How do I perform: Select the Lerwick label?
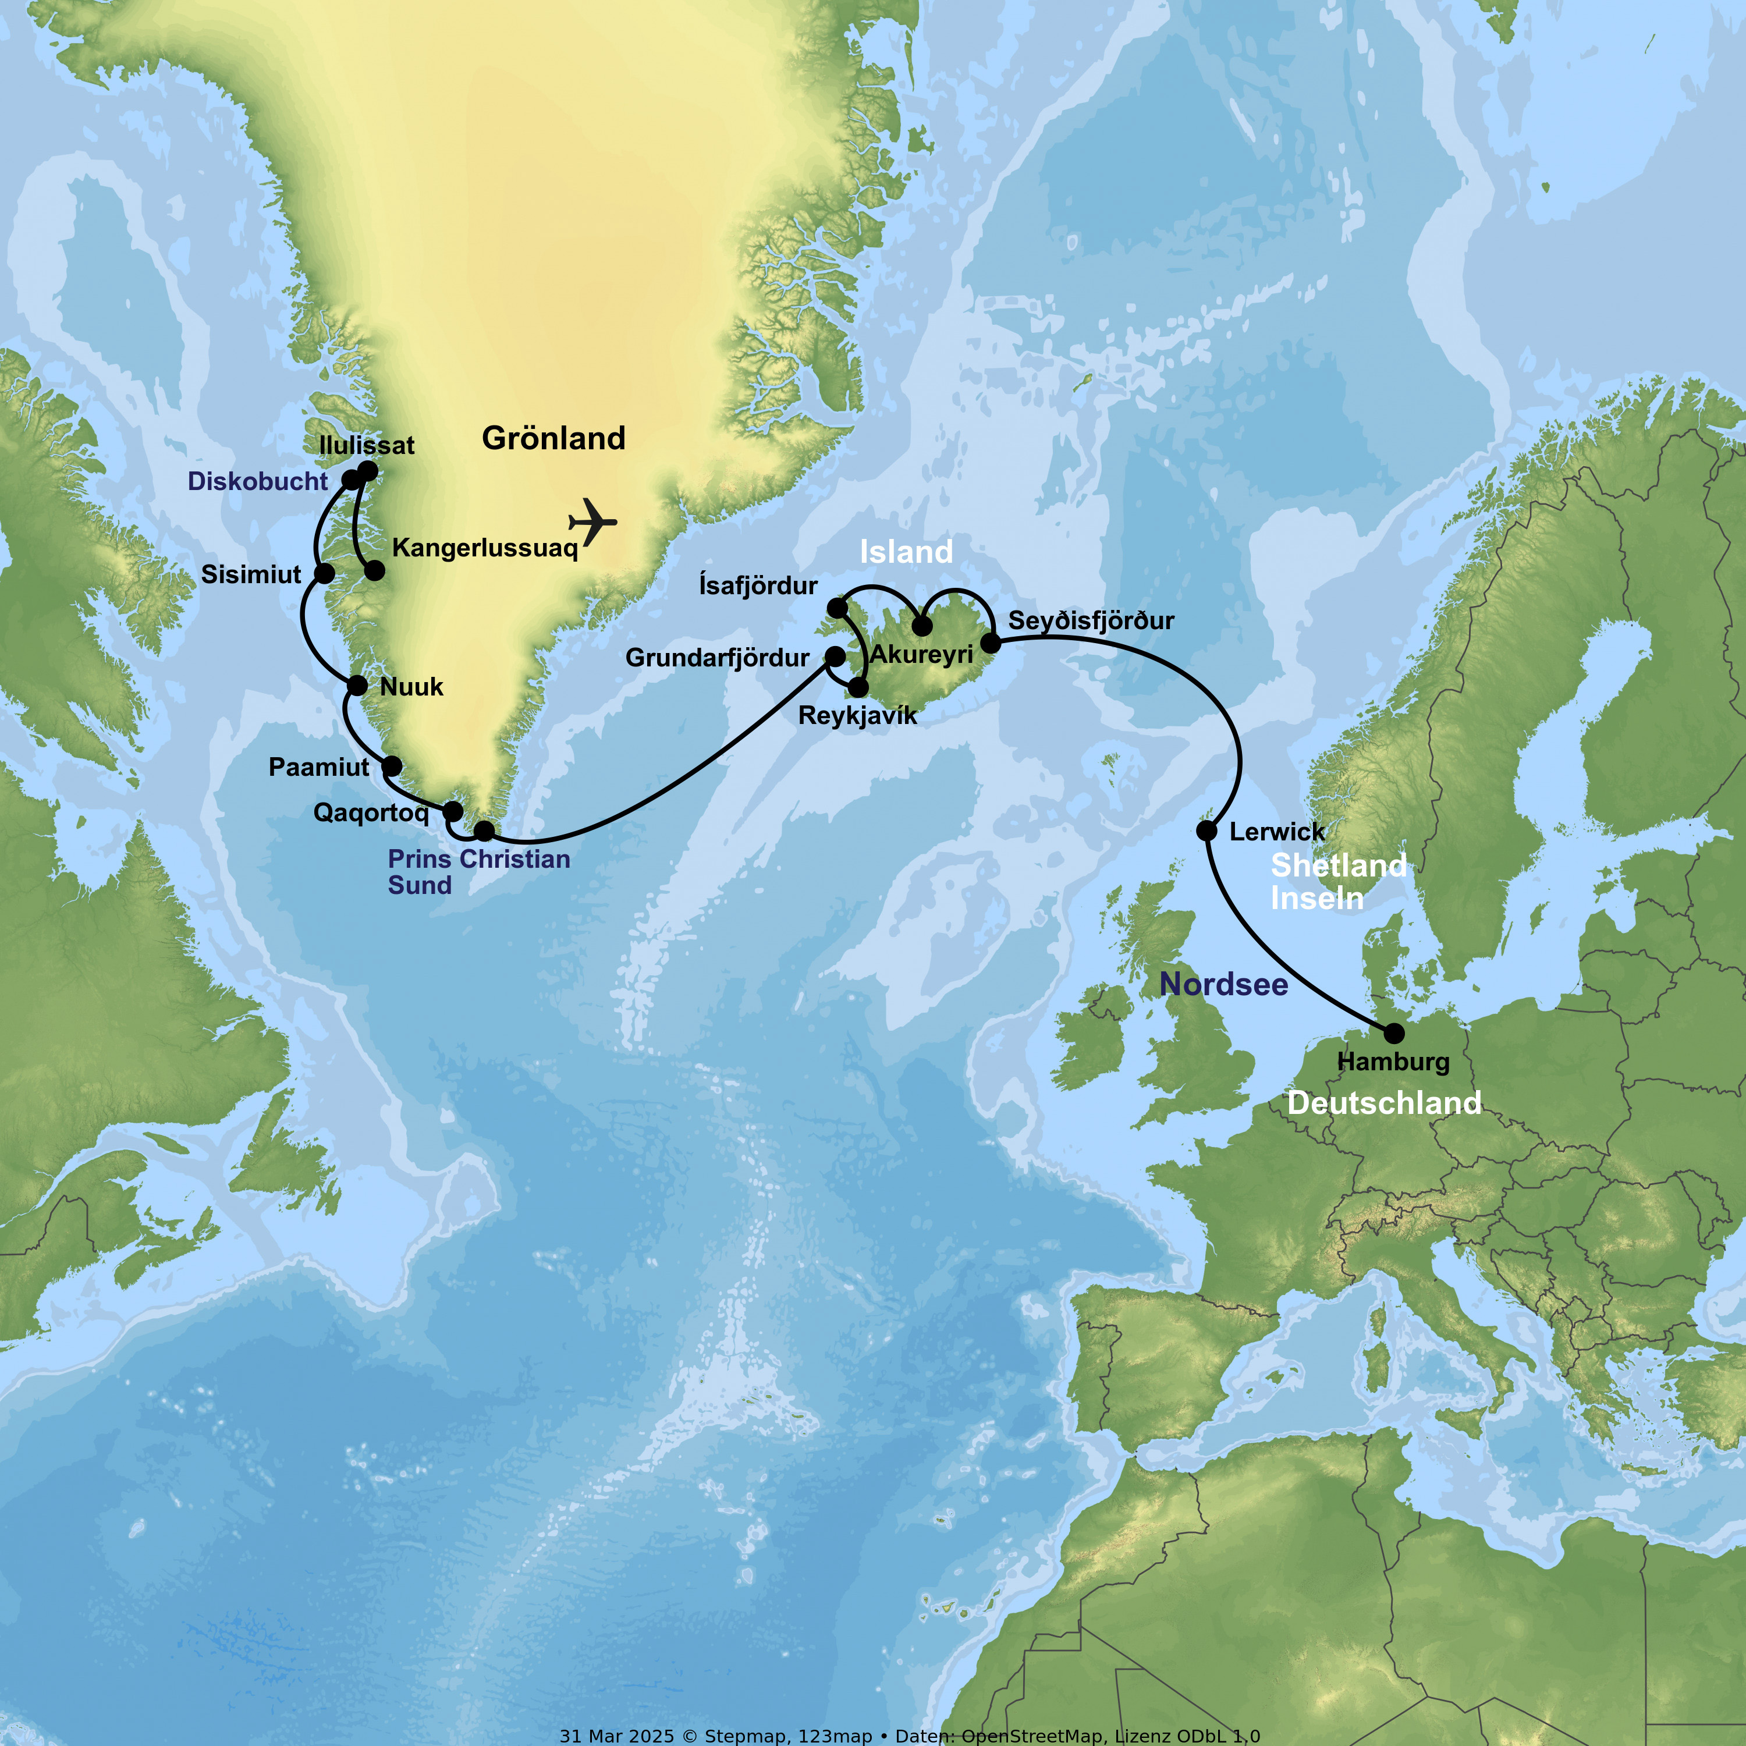pyautogui.click(x=1276, y=832)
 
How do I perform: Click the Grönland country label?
pyautogui.click(x=553, y=438)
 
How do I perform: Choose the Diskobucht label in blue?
pyautogui.click(x=258, y=481)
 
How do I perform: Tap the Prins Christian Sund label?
pyautogui.click(x=478, y=871)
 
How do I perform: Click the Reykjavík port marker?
pyautogui.click(x=858, y=689)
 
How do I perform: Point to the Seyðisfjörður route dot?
pyautogui.click(x=991, y=643)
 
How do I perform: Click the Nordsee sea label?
pyautogui.click(x=1223, y=984)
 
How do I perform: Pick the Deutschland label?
pyautogui.click(x=1383, y=1102)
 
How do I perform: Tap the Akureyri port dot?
pyautogui.click(x=922, y=626)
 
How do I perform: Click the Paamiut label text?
pyautogui.click(x=318, y=767)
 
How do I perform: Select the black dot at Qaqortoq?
pyautogui.click(x=453, y=811)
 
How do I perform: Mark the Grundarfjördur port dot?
pyautogui.click(x=835, y=655)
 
